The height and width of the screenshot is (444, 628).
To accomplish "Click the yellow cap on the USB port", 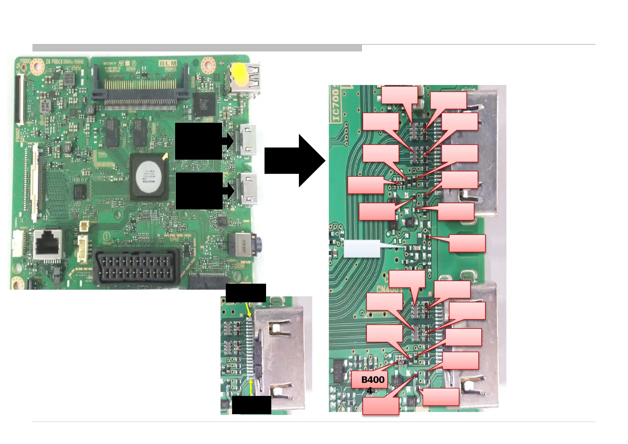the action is pos(239,73).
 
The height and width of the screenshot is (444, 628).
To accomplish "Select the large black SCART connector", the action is pos(136,267).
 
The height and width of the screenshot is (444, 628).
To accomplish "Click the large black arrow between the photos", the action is pos(294,161).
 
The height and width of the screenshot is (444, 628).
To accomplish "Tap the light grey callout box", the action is pos(362,249).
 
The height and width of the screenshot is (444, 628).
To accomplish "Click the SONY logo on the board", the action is pos(110,63).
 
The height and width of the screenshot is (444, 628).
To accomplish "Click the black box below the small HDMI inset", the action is pos(251,405).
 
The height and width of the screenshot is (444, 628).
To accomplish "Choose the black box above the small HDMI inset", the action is pos(246,293).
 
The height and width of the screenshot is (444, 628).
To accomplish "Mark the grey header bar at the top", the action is pos(197,48).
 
